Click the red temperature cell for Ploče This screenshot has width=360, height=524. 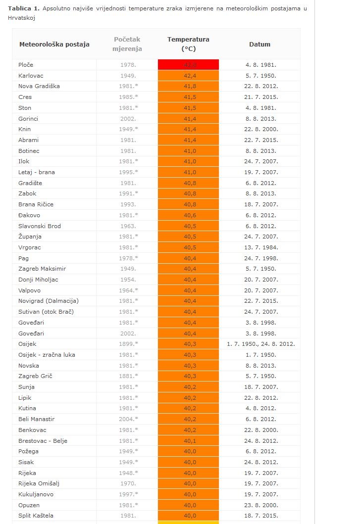coord(188,65)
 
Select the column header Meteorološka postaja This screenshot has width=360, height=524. coord(54,44)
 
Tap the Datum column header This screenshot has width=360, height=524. coord(259,44)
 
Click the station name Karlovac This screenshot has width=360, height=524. coord(31,76)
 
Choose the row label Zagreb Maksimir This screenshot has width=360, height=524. coord(42,269)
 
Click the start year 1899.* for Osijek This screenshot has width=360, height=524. coord(128,344)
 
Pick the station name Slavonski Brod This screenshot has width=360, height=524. coord(40,226)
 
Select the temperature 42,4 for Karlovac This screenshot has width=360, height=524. coord(188,76)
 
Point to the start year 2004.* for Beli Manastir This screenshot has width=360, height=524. coord(128,419)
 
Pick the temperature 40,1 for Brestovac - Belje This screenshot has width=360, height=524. coord(188,441)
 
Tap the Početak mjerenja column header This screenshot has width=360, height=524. coord(127,44)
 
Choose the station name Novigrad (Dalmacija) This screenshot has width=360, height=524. coord(49,301)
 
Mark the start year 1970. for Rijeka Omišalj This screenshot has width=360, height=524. coord(128,483)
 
